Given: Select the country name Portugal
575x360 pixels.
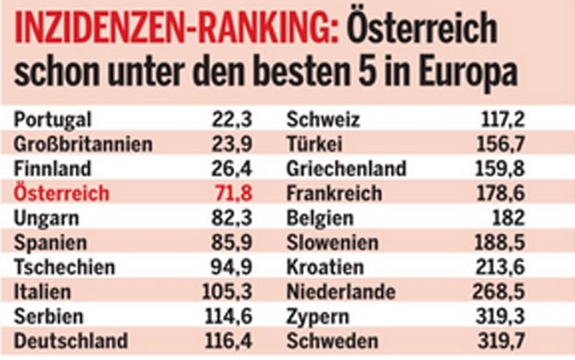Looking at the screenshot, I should coord(54,120).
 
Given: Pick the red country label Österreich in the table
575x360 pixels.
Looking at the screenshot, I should coord(63,194).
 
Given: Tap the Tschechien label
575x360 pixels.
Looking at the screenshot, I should coord(65,268).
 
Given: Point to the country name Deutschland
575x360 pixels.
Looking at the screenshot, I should coord(70,341).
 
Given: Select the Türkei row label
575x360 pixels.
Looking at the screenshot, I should coord(316,145).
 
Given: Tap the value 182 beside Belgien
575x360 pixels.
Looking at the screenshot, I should coord(539,219).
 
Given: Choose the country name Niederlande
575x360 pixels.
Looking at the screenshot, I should coord(341,292).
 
